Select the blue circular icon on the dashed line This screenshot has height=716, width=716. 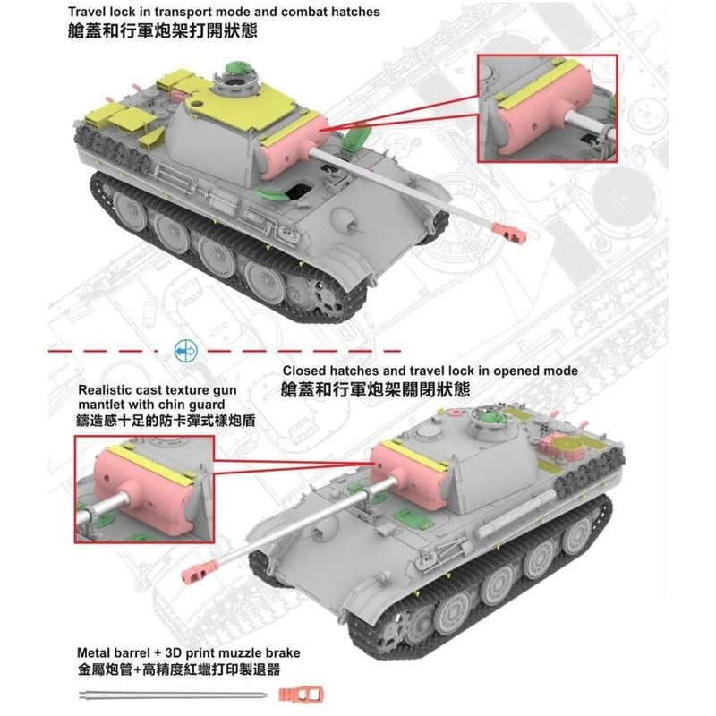(185, 351)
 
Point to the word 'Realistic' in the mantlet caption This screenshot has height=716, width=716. (106, 390)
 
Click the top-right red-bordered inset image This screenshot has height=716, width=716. (546, 107)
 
